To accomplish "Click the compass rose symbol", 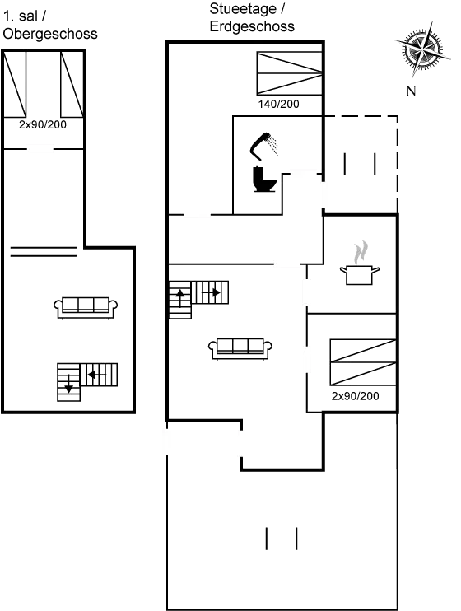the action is (x=422, y=49).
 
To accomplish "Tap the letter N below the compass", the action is (x=411, y=91).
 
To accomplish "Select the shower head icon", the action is (x=263, y=146).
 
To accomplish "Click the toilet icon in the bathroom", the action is (x=264, y=179).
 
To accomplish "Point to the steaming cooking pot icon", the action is (x=360, y=263).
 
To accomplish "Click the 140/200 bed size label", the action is (x=278, y=104).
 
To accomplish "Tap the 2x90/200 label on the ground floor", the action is (x=355, y=396).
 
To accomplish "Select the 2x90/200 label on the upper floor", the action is (x=43, y=124).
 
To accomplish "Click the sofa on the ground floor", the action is (x=240, y=349).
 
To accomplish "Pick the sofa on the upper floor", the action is (x=86, y=308).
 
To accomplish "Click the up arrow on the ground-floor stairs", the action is (x=180, y=298).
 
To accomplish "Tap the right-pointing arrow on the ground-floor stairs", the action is (x=212, y=292).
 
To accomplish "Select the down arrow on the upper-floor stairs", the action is (x=69, y=385).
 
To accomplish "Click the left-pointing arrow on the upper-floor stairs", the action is (x=97, y=375).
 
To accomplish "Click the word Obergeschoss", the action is (x=50, y=34).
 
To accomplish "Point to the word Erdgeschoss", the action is (x=252, y=26).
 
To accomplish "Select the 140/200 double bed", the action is (x=290, y=73).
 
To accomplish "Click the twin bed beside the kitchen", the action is (x=363, y=362).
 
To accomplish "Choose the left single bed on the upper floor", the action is (x=15, y=84).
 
